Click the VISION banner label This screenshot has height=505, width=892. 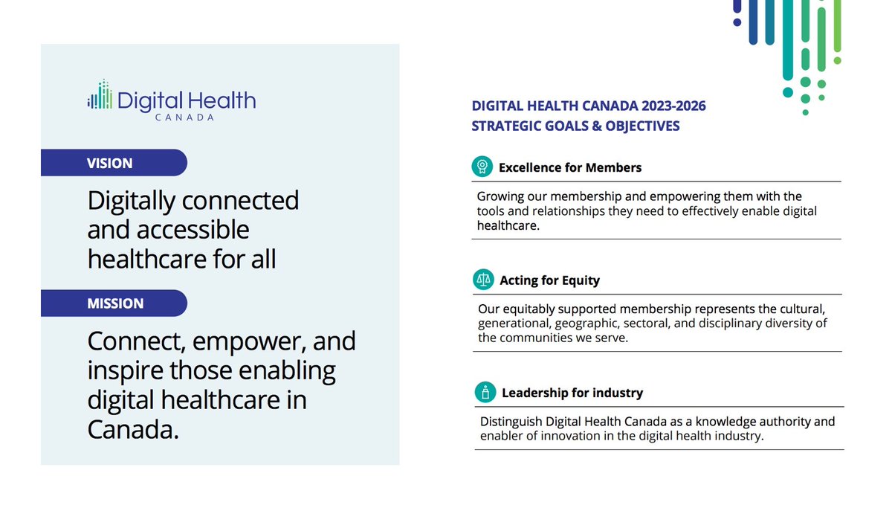tap(109, 163)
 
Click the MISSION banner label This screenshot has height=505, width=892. tap(115, 303)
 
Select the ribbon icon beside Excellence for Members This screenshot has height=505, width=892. tap(482, 167)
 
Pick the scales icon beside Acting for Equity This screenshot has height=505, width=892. tap(483, 280)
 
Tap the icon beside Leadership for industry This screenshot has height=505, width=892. tap(485, 392)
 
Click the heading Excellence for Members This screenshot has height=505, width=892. tap(569, 167)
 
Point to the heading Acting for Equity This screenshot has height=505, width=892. tap(549, 280)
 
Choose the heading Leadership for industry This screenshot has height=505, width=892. tap(572, 393)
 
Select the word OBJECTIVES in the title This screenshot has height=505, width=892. tap(641, 126)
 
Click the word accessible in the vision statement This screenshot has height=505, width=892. tap(169, 230)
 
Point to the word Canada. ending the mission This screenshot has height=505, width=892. tap(133, 429)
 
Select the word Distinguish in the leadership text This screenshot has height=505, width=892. tap(514, 421)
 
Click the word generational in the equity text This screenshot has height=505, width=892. tap(514, 323)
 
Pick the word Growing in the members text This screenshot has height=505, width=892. tap(501, 196)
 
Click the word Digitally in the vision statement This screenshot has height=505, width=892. tap(131, 201)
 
